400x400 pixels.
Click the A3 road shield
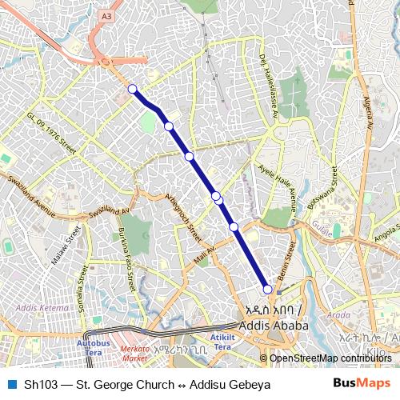[x=107, y=16]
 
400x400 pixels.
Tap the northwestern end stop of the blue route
[x=133, y=89]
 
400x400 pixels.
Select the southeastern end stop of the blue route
[x=268, y=290]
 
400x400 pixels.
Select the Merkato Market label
[x=135, y=353]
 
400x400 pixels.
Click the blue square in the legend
[x=10, y=384]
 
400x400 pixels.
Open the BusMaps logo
[x=362, y=384]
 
